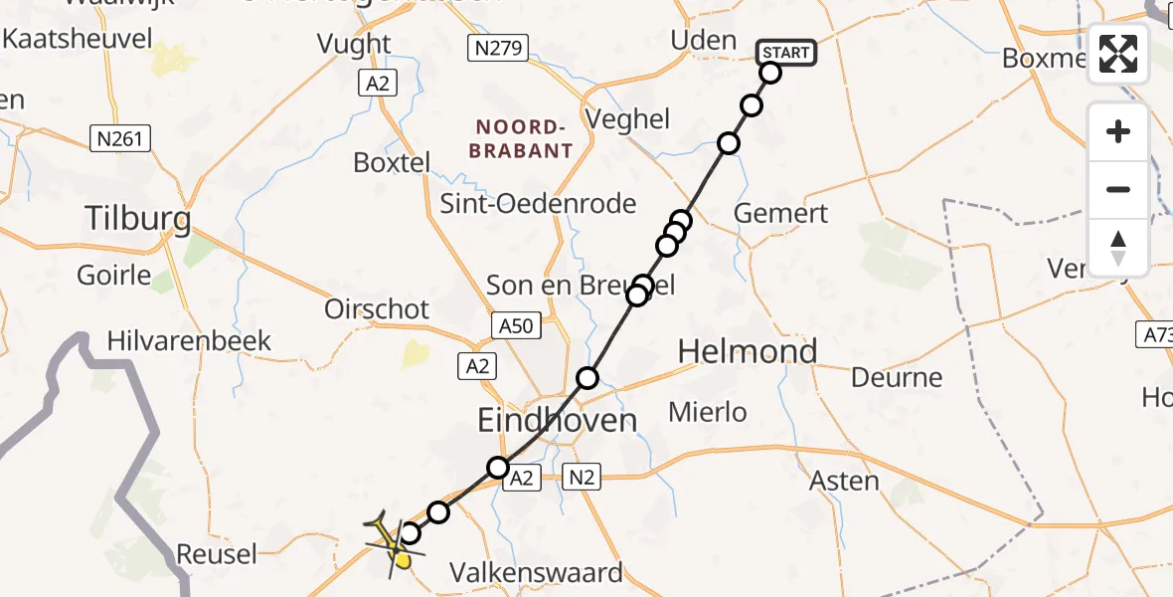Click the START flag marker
786,53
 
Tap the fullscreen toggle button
1118,54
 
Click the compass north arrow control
1118,248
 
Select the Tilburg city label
137,218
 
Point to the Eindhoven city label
557,420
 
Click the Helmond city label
748,350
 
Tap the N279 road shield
498,47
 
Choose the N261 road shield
120,137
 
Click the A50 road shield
516,324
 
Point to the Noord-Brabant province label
524,139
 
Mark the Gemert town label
780,213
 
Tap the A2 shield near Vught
377,84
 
